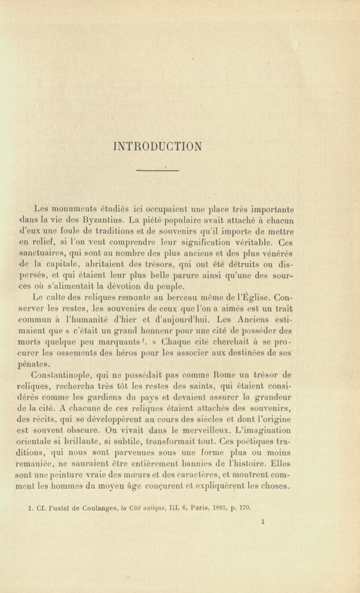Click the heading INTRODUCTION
click(157, 146)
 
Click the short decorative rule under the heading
click(157, 170)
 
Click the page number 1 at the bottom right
click(263, 521)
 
